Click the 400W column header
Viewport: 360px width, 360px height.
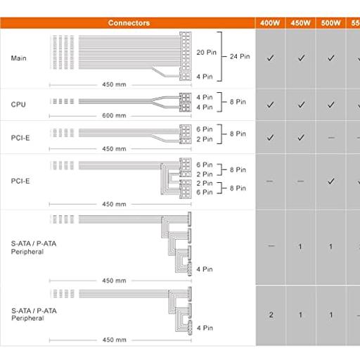click(270, 23)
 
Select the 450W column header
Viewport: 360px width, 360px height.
click(300, 23)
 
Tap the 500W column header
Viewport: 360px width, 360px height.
click(330, 23)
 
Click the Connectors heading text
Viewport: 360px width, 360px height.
click(129, 23)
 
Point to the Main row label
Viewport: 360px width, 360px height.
click(18, 58)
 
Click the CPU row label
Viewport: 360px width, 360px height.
click(18, 104)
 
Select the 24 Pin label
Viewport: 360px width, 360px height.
click(240, 56)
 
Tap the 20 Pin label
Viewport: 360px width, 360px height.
click(206, 53)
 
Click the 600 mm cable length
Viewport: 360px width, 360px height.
click(114, 115)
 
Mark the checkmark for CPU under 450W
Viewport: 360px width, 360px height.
click(301, 105)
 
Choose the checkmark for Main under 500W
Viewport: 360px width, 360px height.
click(331, 58)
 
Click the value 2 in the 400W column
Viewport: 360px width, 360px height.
click(271, 315)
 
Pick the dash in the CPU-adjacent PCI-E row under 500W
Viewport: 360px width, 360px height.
click(331, 138)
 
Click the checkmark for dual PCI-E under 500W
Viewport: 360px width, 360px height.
click(331, 181)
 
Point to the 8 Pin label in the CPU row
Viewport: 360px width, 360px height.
click(238, 102)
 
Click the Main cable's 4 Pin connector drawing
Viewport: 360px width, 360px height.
click(186, 76)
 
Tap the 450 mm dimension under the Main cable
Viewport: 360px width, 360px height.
click(114, 84)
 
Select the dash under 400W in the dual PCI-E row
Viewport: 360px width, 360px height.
click(270, 181)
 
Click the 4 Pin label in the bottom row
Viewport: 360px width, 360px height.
click(205, 328)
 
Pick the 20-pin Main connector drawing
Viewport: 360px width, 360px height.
click(186, 51)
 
